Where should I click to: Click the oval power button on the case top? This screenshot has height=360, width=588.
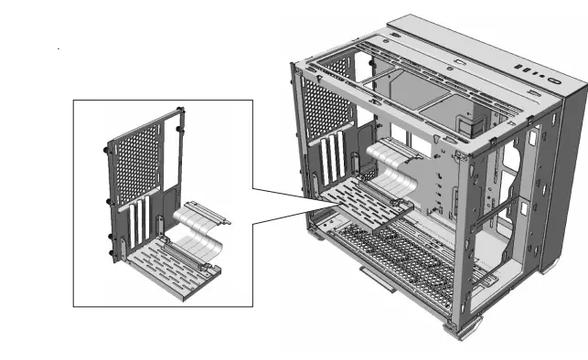click(557, 80)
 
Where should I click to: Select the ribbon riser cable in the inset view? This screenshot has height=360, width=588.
click(196, 228)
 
